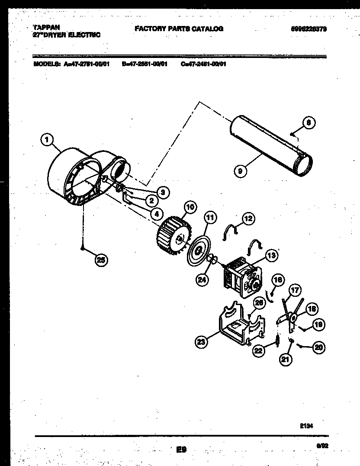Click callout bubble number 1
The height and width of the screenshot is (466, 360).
coord(46,140)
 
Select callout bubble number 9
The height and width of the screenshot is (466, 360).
coord(239,171)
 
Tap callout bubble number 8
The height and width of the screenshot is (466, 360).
coord(309,122)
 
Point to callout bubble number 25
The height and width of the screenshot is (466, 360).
coord(101,260)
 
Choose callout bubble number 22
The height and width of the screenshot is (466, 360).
coord(259,352)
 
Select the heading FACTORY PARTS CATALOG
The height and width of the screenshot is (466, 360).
coord(179,29)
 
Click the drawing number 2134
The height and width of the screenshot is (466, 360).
coord(306,425)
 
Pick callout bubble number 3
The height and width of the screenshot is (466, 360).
coord(163,192)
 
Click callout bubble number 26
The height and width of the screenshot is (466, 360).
coord(258,302)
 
